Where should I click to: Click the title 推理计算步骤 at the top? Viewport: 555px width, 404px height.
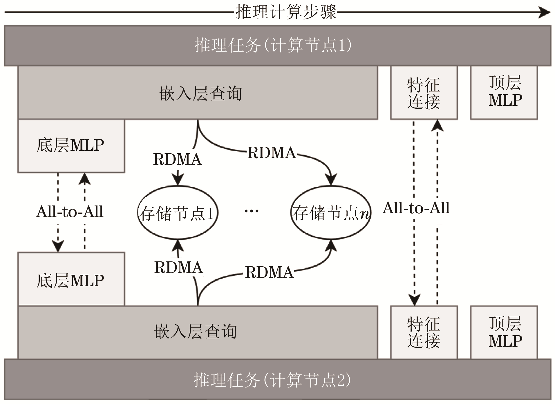pos(285,12)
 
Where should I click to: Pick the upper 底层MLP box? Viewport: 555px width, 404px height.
pos(71,146)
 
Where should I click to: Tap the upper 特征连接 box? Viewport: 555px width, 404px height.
pos(424,93)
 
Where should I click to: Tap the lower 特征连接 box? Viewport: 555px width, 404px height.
pos(424,332)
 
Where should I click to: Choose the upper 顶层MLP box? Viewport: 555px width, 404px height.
pos(504,93)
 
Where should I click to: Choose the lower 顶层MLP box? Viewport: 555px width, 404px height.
pos(504,332)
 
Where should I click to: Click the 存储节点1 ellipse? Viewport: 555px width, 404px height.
pos(178,213)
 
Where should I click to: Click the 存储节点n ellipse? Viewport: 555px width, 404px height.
pos(331,213)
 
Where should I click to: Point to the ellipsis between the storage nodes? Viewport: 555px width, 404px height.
pos(251,211)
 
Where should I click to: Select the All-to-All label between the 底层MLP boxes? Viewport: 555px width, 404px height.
pos(70,212)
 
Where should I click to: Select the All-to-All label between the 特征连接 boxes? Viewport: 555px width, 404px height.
pos(416,208)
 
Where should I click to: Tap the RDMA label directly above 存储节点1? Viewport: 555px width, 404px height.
pos(177,159)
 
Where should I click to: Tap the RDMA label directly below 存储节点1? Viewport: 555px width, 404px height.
pos(178,267)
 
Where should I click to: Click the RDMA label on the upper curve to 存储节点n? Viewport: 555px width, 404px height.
pos(271,153)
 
